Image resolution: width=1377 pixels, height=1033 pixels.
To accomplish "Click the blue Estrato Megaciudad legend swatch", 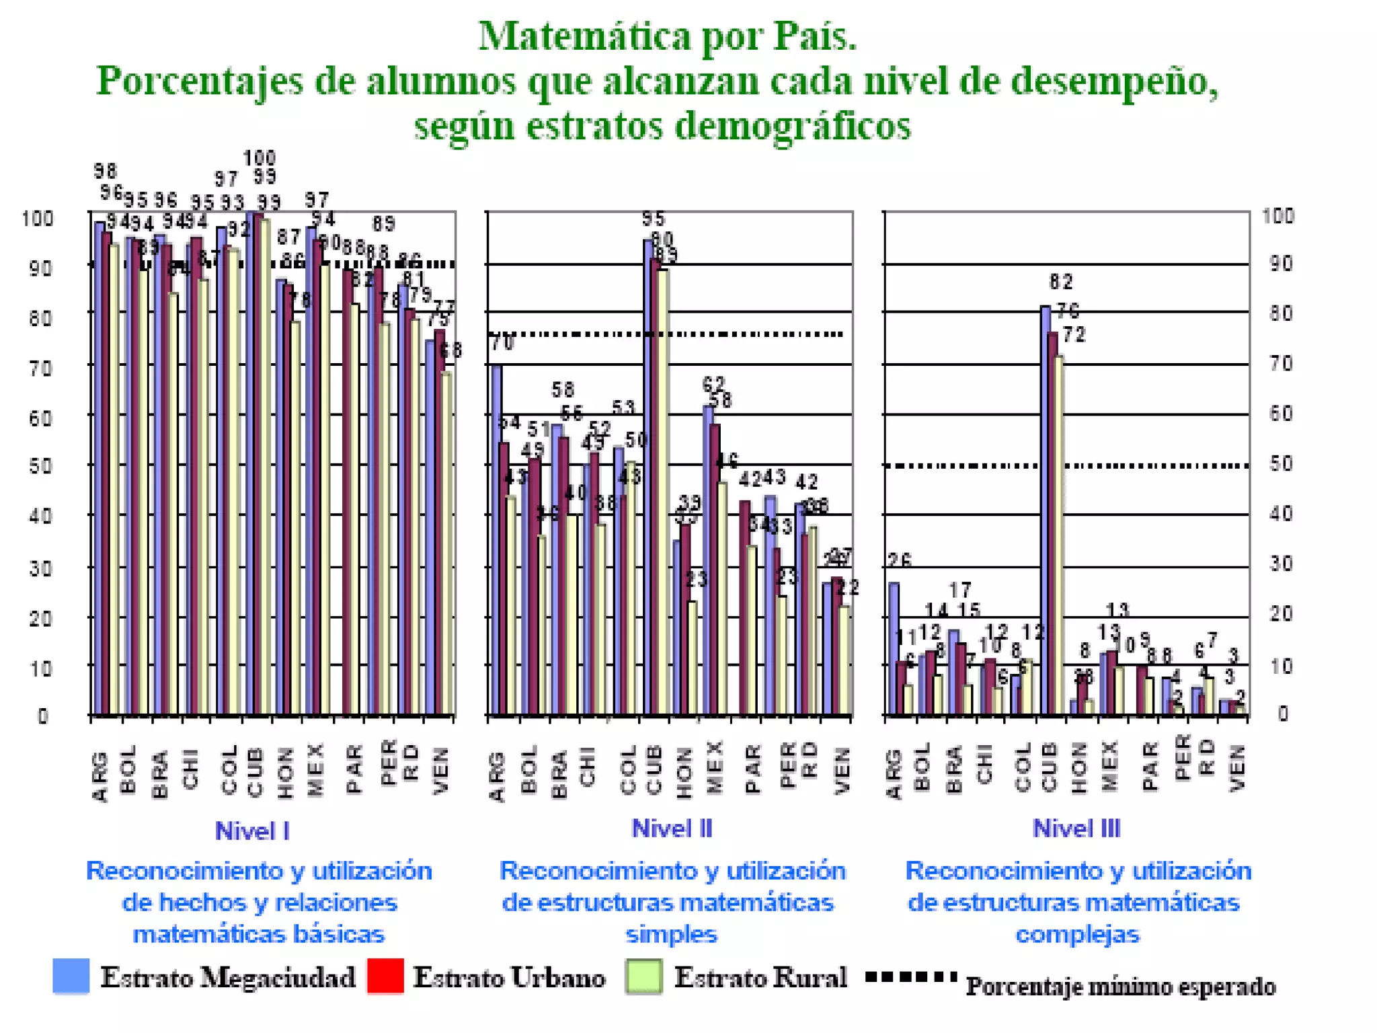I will tap(71, 976).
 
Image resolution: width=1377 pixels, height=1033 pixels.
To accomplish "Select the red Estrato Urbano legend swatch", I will tap(385, 976).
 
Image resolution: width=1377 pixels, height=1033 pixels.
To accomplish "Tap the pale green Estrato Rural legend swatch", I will tap(643, 977).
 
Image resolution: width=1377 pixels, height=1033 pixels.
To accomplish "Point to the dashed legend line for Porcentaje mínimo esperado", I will tap(911, 976).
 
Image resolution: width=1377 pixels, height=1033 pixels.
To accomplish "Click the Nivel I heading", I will tap(252, 831).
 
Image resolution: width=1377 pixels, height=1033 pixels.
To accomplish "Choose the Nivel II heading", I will tap(672, 829).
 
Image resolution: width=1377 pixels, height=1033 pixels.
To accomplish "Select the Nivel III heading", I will tap(1076, 829).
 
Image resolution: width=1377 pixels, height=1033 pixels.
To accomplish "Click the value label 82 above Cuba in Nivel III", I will tap(1061, 282).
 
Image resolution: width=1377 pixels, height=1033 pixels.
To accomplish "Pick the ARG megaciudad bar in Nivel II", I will tap(496, 538).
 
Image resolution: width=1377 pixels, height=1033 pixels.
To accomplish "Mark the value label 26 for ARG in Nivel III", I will tap(899, 560).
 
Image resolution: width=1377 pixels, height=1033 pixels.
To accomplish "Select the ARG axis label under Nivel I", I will tap(100, 777).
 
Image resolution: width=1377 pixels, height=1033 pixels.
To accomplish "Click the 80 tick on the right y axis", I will tap(1281, 313).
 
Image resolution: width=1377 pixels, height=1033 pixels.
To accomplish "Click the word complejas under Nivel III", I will tap(1077, 934).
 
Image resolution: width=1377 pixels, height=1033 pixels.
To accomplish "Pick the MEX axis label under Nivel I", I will tap(316, 770).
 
